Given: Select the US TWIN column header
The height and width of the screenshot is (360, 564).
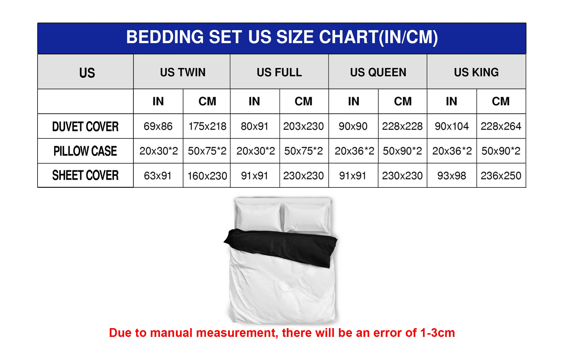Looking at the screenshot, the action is click(183, 72).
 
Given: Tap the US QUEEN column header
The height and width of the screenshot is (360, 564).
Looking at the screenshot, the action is click(378, 72).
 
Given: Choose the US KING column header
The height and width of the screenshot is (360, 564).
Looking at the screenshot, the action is click(476, 72).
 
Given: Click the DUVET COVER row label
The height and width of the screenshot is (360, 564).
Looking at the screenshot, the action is click(85, 127).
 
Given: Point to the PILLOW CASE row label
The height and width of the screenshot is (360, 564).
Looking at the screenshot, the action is click(85, 151).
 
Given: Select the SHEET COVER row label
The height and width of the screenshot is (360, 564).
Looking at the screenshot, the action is click(85, 175).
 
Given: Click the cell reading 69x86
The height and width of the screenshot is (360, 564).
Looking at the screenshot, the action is click(158, 126).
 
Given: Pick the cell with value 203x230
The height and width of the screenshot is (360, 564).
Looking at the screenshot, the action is click(303, 126).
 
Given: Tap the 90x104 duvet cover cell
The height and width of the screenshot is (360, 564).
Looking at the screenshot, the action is click(452, 126).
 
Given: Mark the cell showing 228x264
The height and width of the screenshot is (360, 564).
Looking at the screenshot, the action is click(501, 126).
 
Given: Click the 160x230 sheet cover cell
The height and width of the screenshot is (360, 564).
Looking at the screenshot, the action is click(207, 176).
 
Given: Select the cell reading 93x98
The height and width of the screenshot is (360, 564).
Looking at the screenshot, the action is click(452, 176).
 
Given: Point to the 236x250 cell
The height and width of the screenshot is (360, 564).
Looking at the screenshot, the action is click(501, 176).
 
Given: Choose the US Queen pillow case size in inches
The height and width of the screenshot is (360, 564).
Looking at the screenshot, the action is click(354, 151).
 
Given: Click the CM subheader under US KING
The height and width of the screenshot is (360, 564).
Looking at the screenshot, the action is click(501, 101).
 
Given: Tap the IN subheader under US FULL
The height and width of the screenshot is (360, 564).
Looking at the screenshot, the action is click(254, 101).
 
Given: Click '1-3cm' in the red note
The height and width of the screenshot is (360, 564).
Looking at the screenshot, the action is click(437, 333).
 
